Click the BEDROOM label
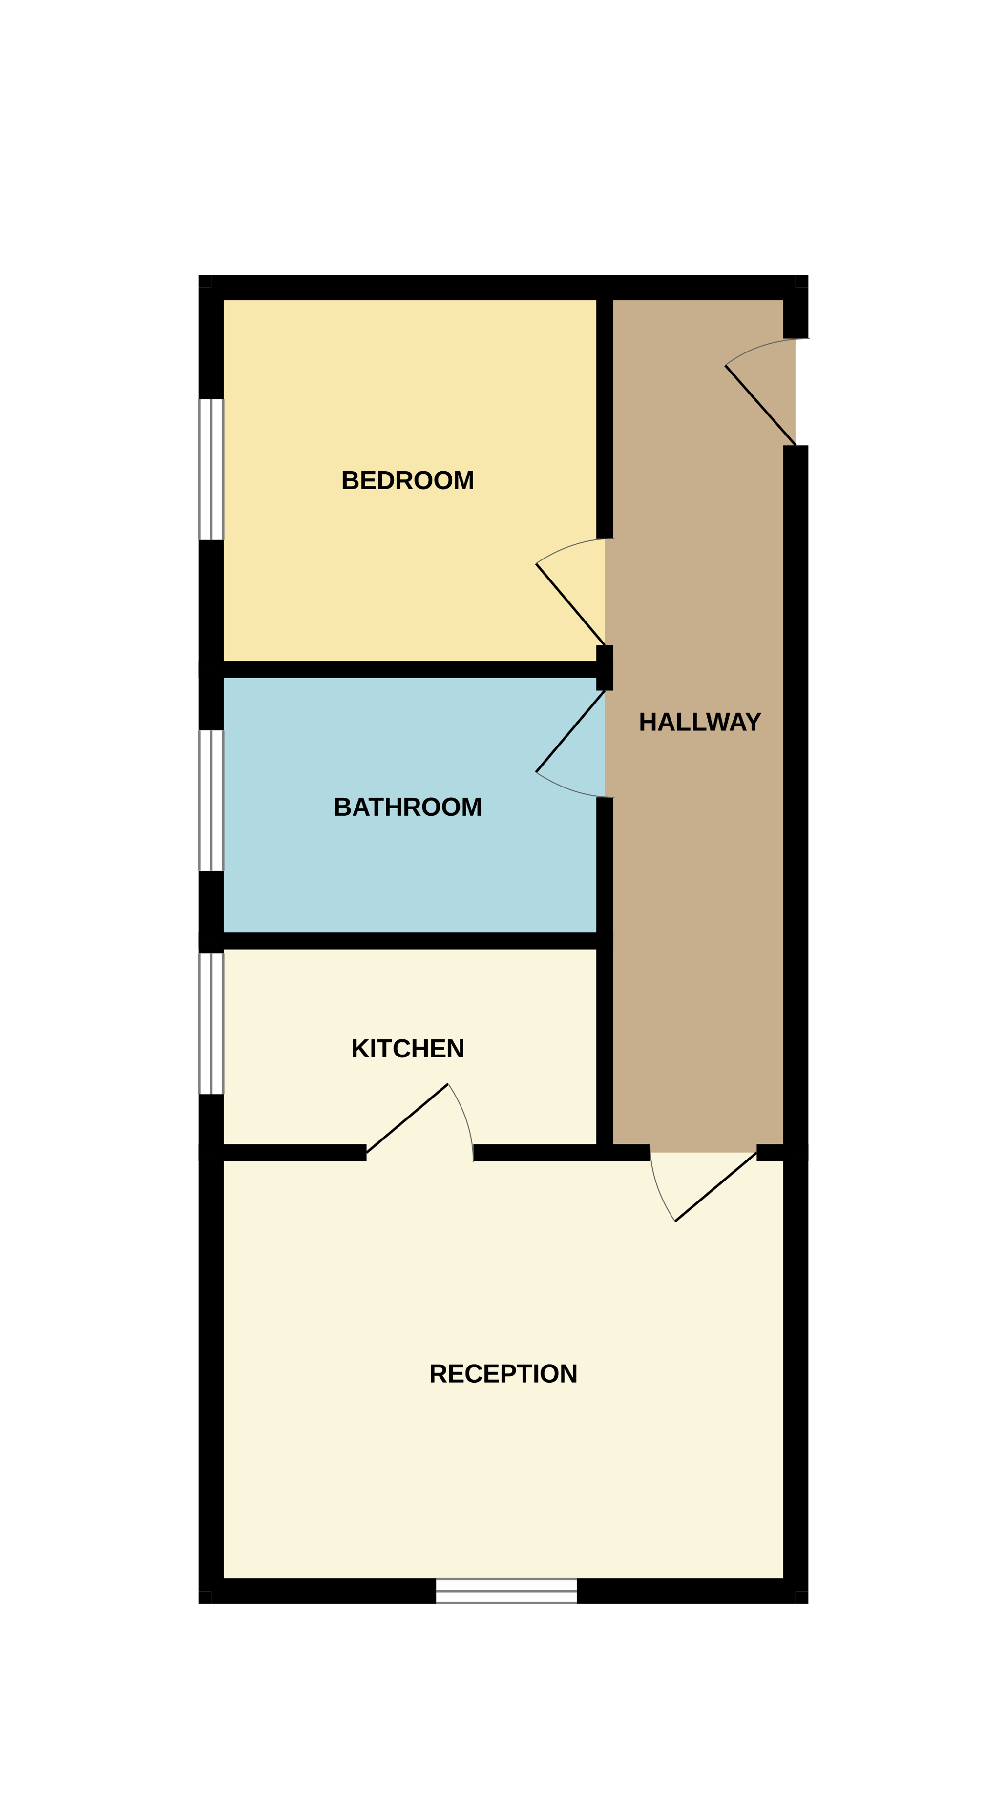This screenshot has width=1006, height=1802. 407,480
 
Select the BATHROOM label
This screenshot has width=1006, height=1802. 407,807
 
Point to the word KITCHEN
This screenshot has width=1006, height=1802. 407,1049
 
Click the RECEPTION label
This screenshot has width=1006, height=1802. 503,1374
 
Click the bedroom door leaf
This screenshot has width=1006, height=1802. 570,604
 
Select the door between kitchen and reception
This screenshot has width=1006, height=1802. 407,1118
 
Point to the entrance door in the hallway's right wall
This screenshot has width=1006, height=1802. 760,405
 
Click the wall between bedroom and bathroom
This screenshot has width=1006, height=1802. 407,669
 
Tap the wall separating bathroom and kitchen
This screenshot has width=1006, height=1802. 407,940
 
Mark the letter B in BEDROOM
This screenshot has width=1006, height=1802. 350,480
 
